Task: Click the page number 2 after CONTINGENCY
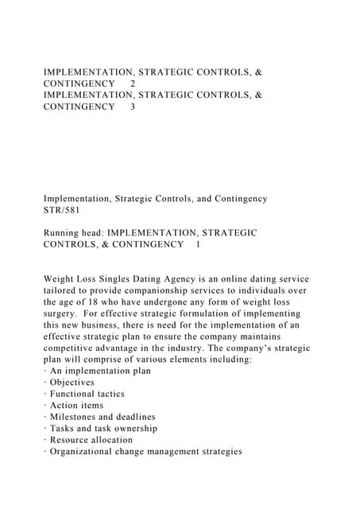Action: coord(132,84)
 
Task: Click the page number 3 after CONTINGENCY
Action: coord(132,107)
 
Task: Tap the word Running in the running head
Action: coord(65,233)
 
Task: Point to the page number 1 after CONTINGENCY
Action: coord(197,244)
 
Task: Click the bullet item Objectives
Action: coord(72,383)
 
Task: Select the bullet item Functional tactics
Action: coord(87,394)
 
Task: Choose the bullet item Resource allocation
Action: coord(91,440)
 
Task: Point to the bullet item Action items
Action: coord(76,406)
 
